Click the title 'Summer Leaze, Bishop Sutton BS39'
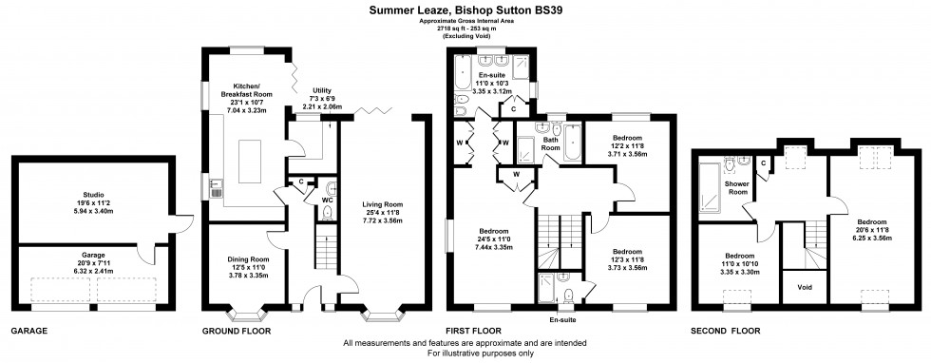(465, 10)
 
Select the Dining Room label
(242, 258)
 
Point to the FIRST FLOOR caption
(478, 332)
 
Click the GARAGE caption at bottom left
(28, 332)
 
